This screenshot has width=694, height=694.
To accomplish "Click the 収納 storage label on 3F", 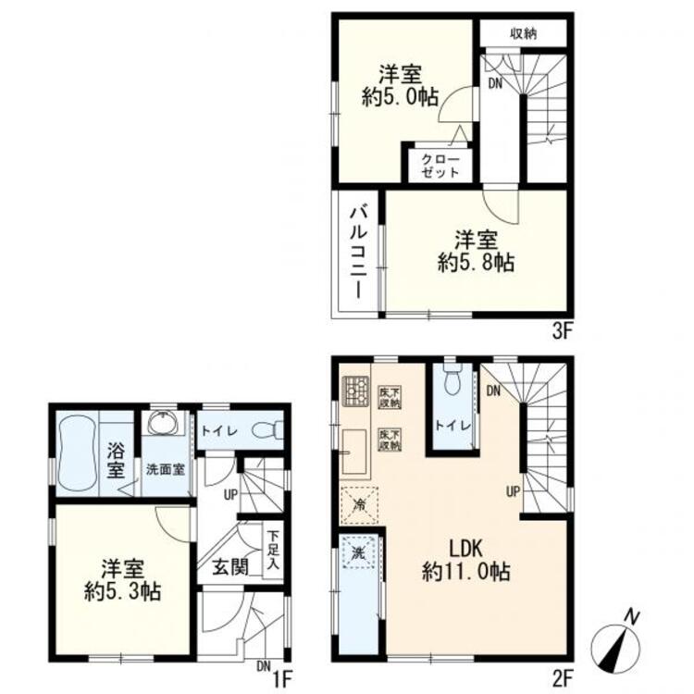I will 524,32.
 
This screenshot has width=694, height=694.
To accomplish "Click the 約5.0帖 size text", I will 399,98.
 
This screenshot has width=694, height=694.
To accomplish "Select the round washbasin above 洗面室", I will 166,426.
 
